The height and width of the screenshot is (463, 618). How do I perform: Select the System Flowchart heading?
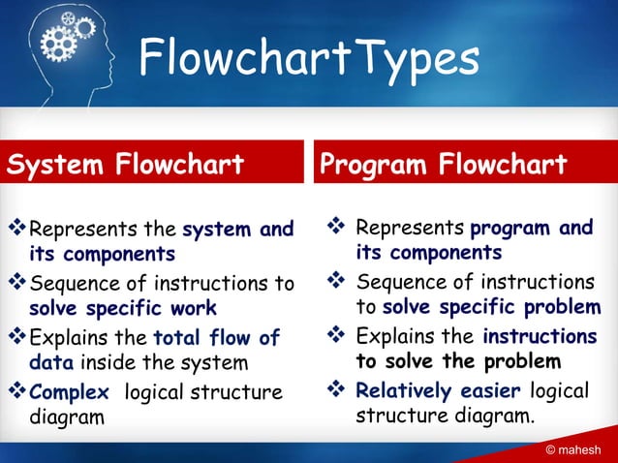[126, 165]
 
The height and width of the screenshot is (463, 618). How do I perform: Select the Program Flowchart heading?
[444, 165]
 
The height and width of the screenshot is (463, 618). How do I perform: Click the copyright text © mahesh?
[572, 449]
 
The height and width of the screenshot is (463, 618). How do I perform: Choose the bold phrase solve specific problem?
[492, 307]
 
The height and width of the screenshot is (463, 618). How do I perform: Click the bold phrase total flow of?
[217, 338]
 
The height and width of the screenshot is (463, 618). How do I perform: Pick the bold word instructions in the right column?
[540, 336]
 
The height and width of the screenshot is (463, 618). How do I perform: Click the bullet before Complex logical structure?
[16, 392]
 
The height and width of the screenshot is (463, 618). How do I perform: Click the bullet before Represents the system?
[16, 230]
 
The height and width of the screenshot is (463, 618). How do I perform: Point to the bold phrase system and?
[238, 230]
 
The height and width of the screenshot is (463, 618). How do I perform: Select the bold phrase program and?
[532, 229]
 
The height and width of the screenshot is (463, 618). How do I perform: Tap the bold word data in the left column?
[51, 363]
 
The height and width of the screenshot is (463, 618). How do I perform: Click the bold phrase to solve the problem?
[458, 361]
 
